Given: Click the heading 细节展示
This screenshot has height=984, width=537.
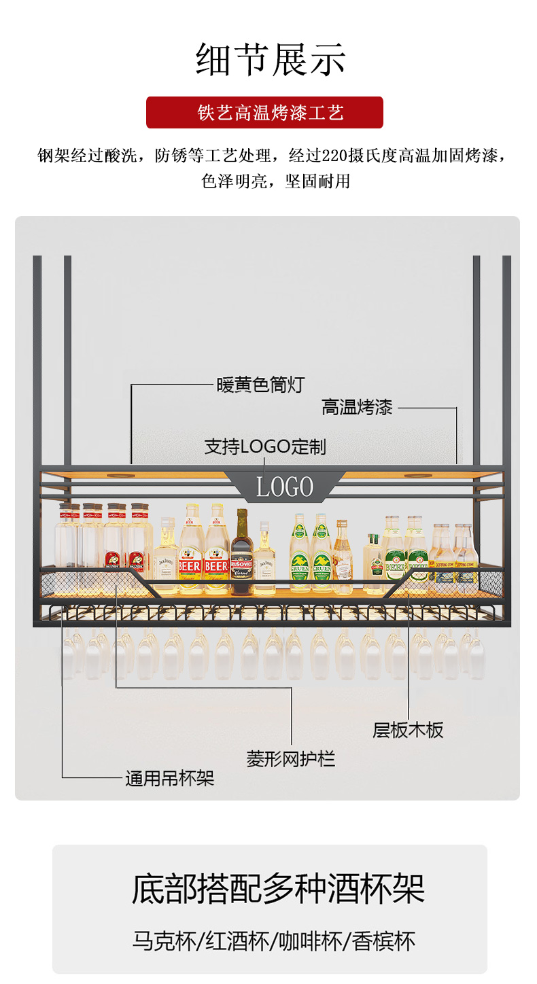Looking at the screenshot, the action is tap(271, 60).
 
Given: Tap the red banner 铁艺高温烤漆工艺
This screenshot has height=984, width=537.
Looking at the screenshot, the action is tap(264, 113).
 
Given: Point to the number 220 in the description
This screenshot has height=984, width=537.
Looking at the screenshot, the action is tap(334, 156).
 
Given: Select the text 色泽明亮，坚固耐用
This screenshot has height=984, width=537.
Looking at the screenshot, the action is tap(275, 181).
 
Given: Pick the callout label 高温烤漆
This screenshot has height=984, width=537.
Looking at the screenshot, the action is tap(357, 408).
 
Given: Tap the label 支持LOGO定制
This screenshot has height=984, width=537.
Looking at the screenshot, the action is tap(265, 446).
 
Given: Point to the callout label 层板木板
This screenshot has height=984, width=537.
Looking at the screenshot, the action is tap(408, 731).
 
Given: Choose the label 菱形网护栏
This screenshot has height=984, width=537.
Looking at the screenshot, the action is tap(291, 759).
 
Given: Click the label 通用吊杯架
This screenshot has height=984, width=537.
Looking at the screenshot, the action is tap(169, 779).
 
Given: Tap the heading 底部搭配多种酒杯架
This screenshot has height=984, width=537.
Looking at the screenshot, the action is tap(278, 889).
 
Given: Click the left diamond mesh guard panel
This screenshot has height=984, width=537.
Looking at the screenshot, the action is tap(75, 584).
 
